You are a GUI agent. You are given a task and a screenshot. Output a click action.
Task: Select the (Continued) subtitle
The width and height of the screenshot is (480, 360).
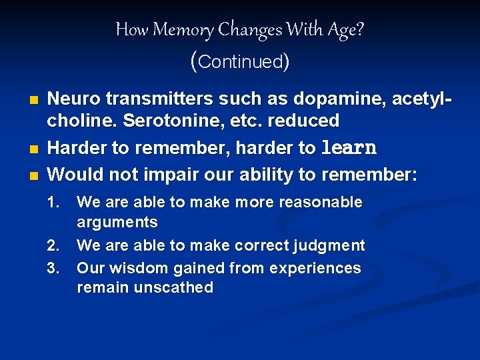click(239, 61)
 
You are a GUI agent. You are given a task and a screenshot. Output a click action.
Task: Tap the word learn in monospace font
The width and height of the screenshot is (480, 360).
click(349, 148)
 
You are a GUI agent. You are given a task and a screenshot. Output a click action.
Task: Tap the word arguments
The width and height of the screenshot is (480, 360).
click(117, 222)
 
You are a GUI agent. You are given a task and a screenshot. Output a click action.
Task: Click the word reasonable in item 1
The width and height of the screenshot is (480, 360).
click(321, 202)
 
